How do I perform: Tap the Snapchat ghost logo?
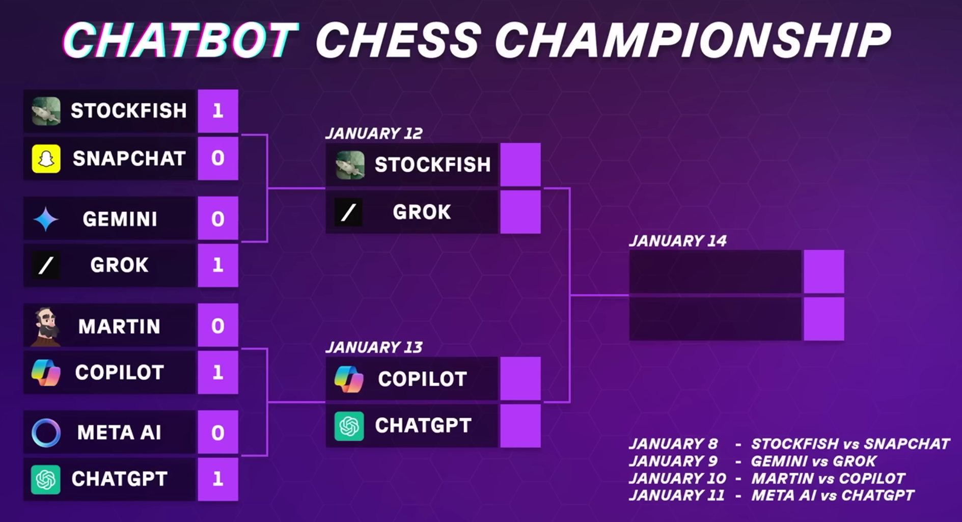point(46,158)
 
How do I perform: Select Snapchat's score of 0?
point(218,158)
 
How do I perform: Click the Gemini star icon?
point(46,219)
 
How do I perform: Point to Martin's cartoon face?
point(46,326)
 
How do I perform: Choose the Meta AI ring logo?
point(46,433)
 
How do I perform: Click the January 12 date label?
point(374,133)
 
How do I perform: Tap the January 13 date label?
point(374,347)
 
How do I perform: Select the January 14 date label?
point(678,241)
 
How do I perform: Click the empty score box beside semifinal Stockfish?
point(520,164)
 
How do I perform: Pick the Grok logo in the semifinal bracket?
point(348,212)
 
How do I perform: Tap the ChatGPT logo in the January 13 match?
point(349,426)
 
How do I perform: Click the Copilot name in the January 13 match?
point(422,379)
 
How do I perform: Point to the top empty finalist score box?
point(824,271)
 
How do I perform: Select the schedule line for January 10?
point(767,479)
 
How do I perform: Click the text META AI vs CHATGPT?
point(833,496)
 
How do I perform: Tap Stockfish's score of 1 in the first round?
point(218,111)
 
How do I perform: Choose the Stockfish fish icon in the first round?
point(46,111)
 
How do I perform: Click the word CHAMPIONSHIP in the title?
point(693,40)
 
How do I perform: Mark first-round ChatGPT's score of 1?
point(218,479)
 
